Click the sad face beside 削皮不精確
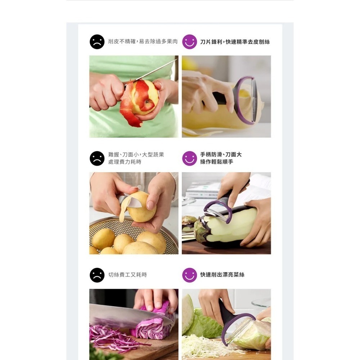click(97, 42)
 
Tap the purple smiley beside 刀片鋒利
click(189, 42)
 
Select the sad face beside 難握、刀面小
click(97, 158)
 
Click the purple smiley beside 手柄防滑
click(189, 158)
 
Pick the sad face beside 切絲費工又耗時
click(97, 275)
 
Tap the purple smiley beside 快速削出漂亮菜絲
click(189, 275)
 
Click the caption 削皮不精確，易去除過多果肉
click(143, 42)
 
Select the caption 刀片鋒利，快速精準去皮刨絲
click(235, 42)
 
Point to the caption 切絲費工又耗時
click(127, 275)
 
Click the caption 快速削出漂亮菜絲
click(222, 275)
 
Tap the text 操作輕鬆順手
click(217, 162)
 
